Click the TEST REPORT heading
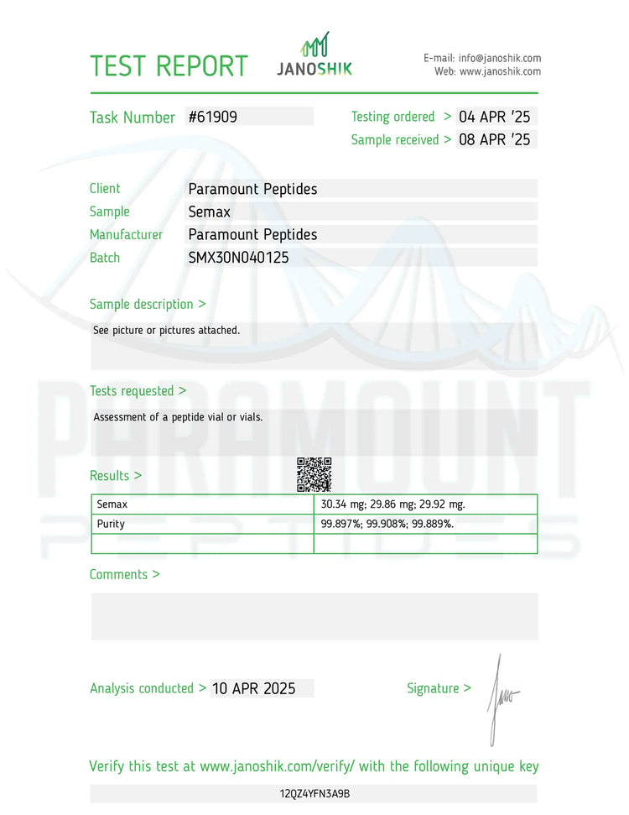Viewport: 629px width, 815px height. [169, 65]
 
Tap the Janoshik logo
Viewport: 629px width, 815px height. [314, 55]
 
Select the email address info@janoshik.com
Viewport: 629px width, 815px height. [500, 58]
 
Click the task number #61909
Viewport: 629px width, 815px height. [213, 118]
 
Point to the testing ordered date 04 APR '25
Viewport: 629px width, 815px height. [494, 117]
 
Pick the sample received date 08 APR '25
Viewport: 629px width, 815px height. [494, 139]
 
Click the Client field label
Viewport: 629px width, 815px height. [105, 189]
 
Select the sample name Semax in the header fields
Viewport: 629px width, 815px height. [209, 212]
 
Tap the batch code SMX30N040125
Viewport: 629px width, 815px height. [238, 258]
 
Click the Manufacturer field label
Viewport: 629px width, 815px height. [126, 235]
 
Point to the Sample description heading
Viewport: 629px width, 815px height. [147, 304]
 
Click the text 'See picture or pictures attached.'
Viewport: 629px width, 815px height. [166, 330]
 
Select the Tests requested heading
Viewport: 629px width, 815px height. [138, 390]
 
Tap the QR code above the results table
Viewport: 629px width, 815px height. [314, 474]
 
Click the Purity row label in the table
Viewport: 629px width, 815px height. [111, 524]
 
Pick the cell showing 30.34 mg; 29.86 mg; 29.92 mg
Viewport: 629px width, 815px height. [392, 504]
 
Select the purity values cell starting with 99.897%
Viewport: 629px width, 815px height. [387, 524]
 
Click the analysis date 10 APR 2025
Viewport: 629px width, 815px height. [253, 688]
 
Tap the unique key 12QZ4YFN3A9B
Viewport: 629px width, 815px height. [314, 793]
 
